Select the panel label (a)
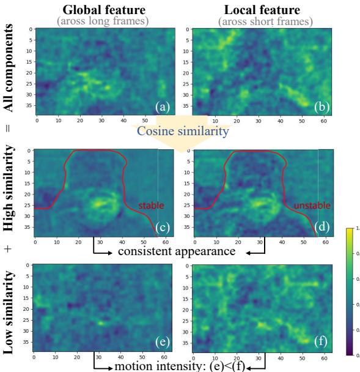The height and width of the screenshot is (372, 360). click(x=162, y=106)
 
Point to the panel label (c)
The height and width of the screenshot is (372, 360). click(x=162, y=227)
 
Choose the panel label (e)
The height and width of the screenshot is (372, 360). click(x=162, y=341)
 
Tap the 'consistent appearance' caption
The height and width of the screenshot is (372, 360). click(x=177, y=251)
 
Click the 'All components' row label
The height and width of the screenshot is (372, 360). click(x=9, y=68)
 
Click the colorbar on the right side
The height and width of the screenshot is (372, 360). click(x=350, y=291)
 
